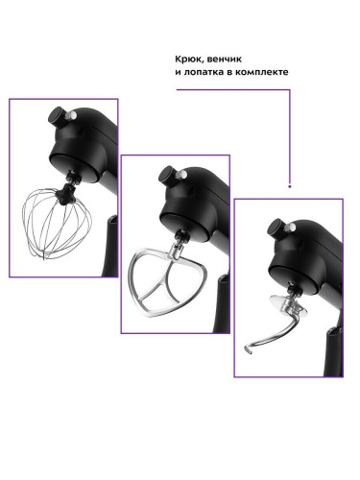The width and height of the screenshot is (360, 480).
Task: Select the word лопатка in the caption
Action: point(204,72)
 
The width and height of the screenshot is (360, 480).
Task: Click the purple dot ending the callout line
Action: point(290,186)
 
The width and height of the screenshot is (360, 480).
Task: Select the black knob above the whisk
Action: point(57,117)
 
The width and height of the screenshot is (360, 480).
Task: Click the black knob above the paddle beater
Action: point(168,175)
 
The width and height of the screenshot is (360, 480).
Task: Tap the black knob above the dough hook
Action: point(276,228)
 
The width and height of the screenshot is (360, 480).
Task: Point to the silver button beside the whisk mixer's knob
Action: point(73,115)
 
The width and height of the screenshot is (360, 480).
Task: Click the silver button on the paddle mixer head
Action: point(183,174)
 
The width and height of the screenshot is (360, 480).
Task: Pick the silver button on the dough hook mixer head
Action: point(292,227)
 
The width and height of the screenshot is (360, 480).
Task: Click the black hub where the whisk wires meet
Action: point(65,194)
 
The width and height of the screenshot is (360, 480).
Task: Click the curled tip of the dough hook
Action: point(247,349)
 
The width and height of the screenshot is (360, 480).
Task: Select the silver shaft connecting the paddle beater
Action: point(177,249)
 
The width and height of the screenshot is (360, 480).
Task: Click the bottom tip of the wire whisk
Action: point(44,257)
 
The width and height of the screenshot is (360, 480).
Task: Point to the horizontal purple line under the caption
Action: point(233,90)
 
